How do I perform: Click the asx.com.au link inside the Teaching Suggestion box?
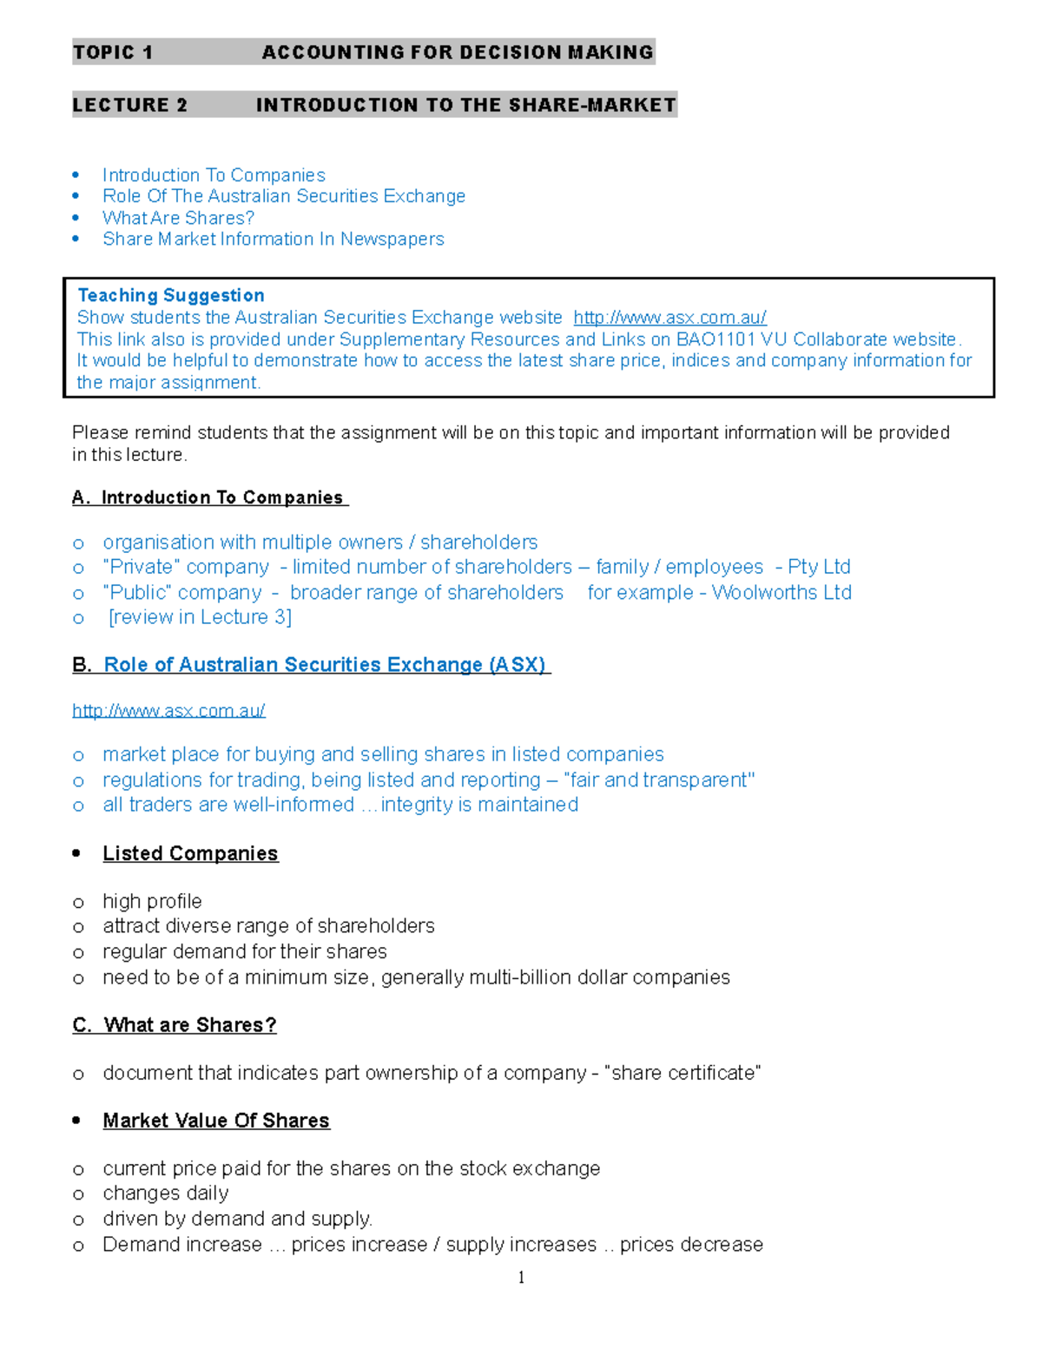tap(669, 318)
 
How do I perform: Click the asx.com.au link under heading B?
tap(168, 711)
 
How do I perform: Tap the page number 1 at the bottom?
tap(521, 1277)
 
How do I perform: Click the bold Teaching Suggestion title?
tap(171, 295)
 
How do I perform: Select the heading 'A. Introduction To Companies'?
tap(209, 497)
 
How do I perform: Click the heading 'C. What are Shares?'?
tap(175, 1025)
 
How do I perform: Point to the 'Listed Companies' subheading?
tap(190, 853)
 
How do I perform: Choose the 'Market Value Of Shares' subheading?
tap(216, 1121)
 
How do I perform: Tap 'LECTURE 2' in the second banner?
tap(130, 105)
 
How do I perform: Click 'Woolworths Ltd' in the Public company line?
tap(781, 592)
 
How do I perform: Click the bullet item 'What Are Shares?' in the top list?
tap(178, 218)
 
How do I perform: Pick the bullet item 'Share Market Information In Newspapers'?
tap(273, 239)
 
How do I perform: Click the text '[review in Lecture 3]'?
tap(200, 617)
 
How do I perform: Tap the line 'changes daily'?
tap(166, 1193)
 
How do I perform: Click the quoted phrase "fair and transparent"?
tap(659, 779)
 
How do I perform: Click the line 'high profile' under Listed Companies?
tap(152, 901)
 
